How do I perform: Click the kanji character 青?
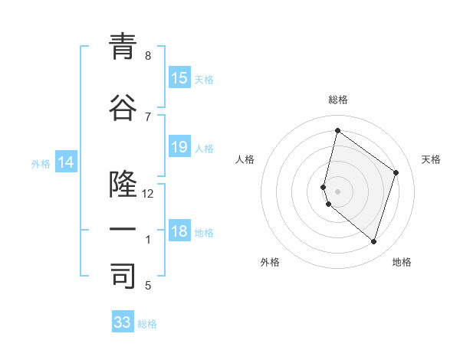pos(122,47)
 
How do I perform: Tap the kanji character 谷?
pos(122,109)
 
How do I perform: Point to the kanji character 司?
pos(122,277)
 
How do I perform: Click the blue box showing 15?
pos(179,78)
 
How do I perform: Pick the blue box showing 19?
pos(179,147)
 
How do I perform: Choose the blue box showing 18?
pos(179,231)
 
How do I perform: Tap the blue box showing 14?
pos(66,162)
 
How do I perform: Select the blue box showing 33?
pos(123,322)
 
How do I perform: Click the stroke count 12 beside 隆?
pos(148,194)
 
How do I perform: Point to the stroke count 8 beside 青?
pos(147,56)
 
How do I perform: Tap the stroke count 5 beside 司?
pos(147,286)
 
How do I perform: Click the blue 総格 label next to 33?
pos(148,324)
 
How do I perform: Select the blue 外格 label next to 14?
pos(41,163)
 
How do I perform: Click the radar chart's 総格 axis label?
pos(338,100)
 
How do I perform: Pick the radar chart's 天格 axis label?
pos(431,159)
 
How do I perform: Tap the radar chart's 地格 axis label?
pos(402,262)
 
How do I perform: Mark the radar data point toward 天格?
pos(396,172)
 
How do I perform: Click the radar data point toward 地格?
pos(373,242)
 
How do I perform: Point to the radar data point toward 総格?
pos(337,130)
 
